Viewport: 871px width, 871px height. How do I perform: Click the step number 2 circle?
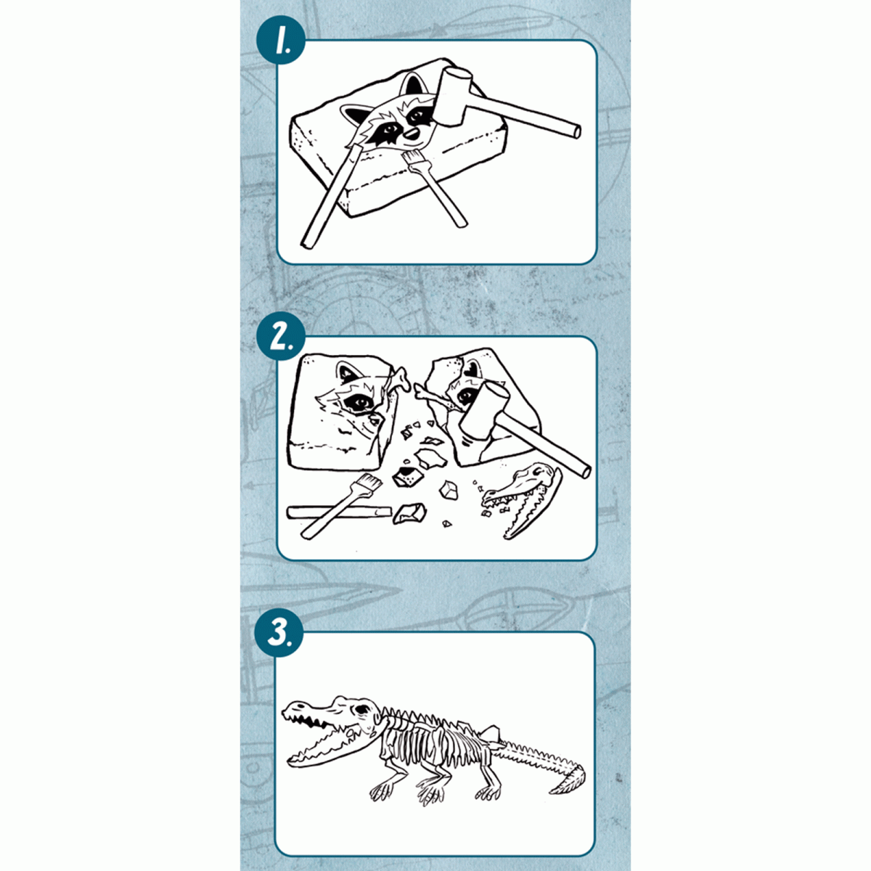click(281, 338)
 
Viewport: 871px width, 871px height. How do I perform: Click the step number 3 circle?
click(279, 633)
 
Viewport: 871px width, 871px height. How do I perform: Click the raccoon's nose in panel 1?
click(412, 134)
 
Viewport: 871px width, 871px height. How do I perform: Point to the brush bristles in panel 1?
click(412, 160)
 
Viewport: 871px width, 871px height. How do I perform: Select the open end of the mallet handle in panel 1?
click(575, 131)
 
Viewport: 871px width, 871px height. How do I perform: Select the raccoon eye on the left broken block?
click(359, 401)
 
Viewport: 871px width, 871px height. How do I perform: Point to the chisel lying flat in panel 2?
click(340, 512)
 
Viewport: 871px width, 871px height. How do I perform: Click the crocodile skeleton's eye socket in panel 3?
click(363, 711)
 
